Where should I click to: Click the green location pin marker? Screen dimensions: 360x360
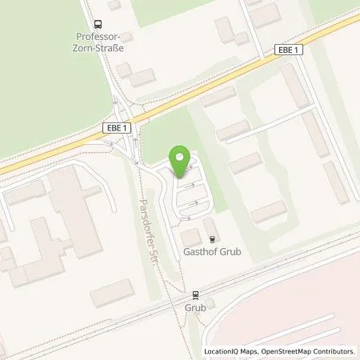[181, 161]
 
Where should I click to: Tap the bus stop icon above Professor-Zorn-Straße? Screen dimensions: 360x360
[98, 26]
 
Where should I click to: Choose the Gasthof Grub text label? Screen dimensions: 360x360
[213, 252]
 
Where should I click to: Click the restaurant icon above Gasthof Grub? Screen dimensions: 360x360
[212, 238]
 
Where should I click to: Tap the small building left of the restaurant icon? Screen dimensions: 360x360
[190, 238]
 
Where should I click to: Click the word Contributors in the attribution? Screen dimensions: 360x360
[336, 351]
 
